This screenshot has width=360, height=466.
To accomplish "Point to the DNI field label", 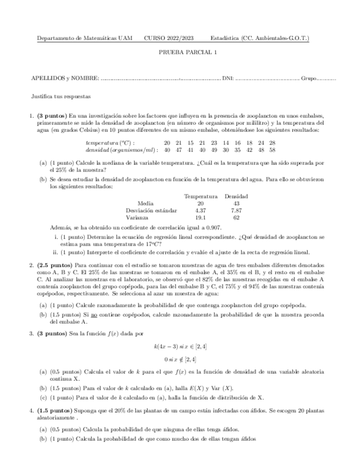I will (x=228, y=79).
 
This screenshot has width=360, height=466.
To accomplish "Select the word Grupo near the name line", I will (x=308, y=79).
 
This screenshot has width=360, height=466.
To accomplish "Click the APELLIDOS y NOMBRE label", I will (x=66, y=79).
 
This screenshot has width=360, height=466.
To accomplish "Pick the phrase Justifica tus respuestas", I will (x=61, y=96).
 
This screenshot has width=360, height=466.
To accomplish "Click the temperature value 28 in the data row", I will (x=272, y=142).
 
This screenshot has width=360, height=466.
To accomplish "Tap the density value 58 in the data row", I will (x=272, y=149).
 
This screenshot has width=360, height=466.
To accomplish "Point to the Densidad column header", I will (x=236, y=196).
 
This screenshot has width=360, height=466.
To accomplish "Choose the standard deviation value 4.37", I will (x=201, y=210).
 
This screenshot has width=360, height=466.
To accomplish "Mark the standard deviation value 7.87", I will (x=236, y=210).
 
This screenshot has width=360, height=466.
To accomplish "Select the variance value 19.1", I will (x=201, y=217).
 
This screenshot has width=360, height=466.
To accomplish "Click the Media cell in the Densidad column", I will (x=236, y=203).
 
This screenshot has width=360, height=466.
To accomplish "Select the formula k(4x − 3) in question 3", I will (x=167, y=346).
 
